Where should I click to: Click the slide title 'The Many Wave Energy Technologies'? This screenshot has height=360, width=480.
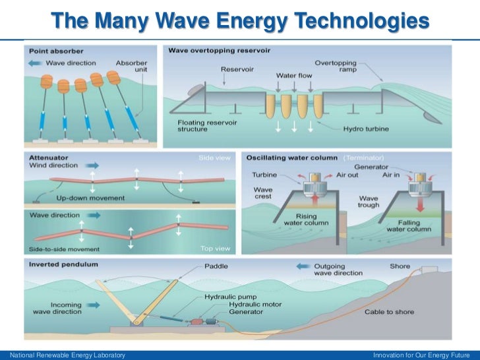pos(240,21)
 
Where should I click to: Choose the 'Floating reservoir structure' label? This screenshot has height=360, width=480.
pos(204,127)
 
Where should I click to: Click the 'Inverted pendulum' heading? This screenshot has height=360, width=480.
pos(63,264)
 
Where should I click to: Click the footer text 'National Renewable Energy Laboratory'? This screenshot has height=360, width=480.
pos(64,355)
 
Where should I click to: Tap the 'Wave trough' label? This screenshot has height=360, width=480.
pos(369,201)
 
